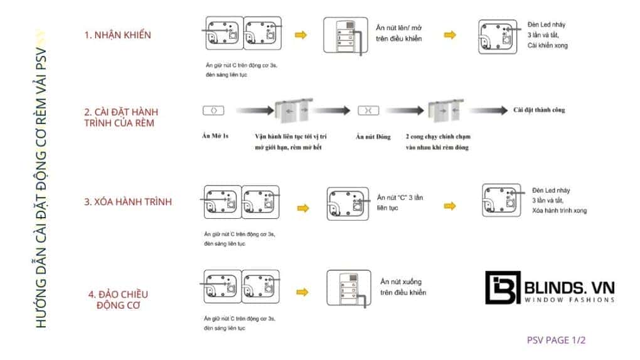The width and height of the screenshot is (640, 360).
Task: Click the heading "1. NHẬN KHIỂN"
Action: click(118, 35)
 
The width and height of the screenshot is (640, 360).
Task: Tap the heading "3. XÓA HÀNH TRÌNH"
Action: click(128, 202)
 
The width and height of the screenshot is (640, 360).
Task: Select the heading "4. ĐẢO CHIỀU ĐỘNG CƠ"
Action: click(118, 299)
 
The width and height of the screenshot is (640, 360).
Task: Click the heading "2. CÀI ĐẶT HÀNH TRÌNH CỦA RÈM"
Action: click(119, 117)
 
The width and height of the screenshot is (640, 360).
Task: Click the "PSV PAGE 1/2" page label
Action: click(556, 341)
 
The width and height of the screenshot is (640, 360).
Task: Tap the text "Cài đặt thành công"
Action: click(539, 110)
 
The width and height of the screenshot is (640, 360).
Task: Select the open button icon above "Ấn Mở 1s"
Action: click(213, 110)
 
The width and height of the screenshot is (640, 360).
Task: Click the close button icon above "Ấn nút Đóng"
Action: click(368, 110)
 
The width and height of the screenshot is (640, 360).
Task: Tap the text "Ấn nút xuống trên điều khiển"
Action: click(403, 288)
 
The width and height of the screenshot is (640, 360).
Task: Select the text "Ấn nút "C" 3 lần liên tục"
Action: click(400, 202)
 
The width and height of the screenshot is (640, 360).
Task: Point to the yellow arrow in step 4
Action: click(302, 292)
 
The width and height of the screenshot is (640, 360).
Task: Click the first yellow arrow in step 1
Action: click(301, 35)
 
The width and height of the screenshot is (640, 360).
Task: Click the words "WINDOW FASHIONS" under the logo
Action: click(569, 300)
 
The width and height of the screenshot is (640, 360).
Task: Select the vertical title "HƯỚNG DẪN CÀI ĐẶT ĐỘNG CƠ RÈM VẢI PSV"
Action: click(40, 182)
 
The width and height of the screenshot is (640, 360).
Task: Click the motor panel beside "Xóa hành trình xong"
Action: click(499, 199)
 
